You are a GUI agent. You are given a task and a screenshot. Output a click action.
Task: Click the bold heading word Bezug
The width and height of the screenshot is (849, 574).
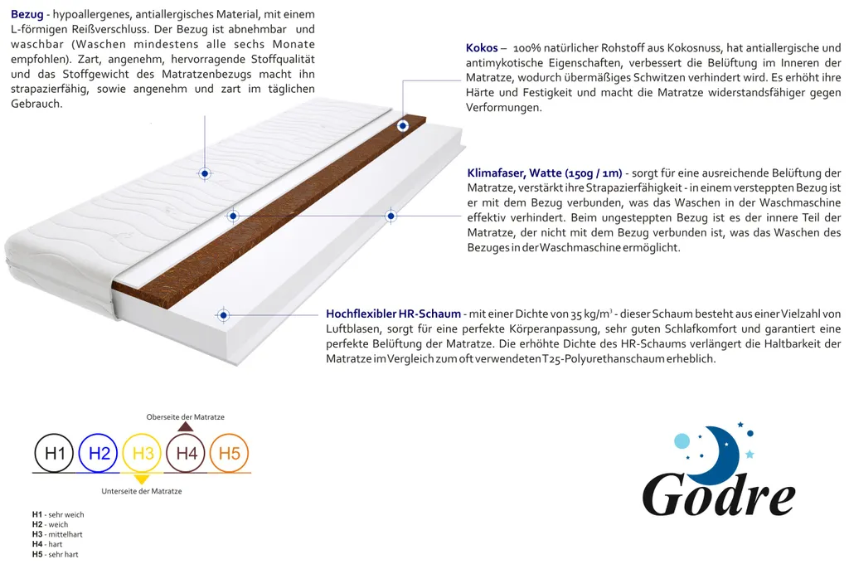(x=27, y=14)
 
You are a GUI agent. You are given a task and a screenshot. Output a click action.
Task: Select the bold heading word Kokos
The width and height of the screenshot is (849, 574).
(x=482, y=48)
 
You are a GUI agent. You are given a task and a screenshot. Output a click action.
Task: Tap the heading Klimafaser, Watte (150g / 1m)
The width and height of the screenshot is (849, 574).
(x=544, y=173)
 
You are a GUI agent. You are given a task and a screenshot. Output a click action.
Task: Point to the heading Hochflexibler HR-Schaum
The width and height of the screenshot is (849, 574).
(x=393, y=314)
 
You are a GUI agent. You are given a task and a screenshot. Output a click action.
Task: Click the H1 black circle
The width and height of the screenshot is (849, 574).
(x=54, y=453)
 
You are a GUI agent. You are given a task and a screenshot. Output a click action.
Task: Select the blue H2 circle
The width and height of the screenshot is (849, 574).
(x=99, y=453)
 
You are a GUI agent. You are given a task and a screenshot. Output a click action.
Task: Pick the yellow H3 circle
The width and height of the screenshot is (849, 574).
(x=143, y=453)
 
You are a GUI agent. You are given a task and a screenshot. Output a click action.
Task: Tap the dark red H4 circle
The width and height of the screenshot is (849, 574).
(x=186, y=453)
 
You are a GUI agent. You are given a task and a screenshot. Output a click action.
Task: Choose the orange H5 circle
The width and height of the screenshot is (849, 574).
(x=230, y=453)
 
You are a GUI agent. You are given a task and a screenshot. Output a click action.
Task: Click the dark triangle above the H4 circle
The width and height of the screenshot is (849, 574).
(x=186, y=426)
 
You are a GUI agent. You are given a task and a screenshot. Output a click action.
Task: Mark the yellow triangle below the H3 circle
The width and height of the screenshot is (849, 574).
(x=142, y=479)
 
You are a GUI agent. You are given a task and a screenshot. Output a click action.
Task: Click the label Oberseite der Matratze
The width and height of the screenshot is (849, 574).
(x=185, y=416)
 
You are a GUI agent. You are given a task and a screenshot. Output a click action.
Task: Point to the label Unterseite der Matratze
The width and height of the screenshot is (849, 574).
(x=141, y=491)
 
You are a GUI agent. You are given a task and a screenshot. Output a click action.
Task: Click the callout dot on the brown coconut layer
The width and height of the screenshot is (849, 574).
(x=403, y=126)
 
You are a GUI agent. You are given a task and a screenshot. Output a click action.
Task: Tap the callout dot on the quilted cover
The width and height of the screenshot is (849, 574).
(x=204, y=173)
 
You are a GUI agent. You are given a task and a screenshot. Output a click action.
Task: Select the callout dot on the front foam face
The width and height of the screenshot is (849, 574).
(x=222, y=315)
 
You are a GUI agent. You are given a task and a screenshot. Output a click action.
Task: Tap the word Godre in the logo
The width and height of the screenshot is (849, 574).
(x=718, y=496)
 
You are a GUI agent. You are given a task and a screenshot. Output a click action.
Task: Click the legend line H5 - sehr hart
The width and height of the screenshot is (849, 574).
(x=55, y=554)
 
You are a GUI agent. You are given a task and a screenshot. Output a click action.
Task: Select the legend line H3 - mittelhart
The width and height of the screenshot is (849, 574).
(x=57, y=534)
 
